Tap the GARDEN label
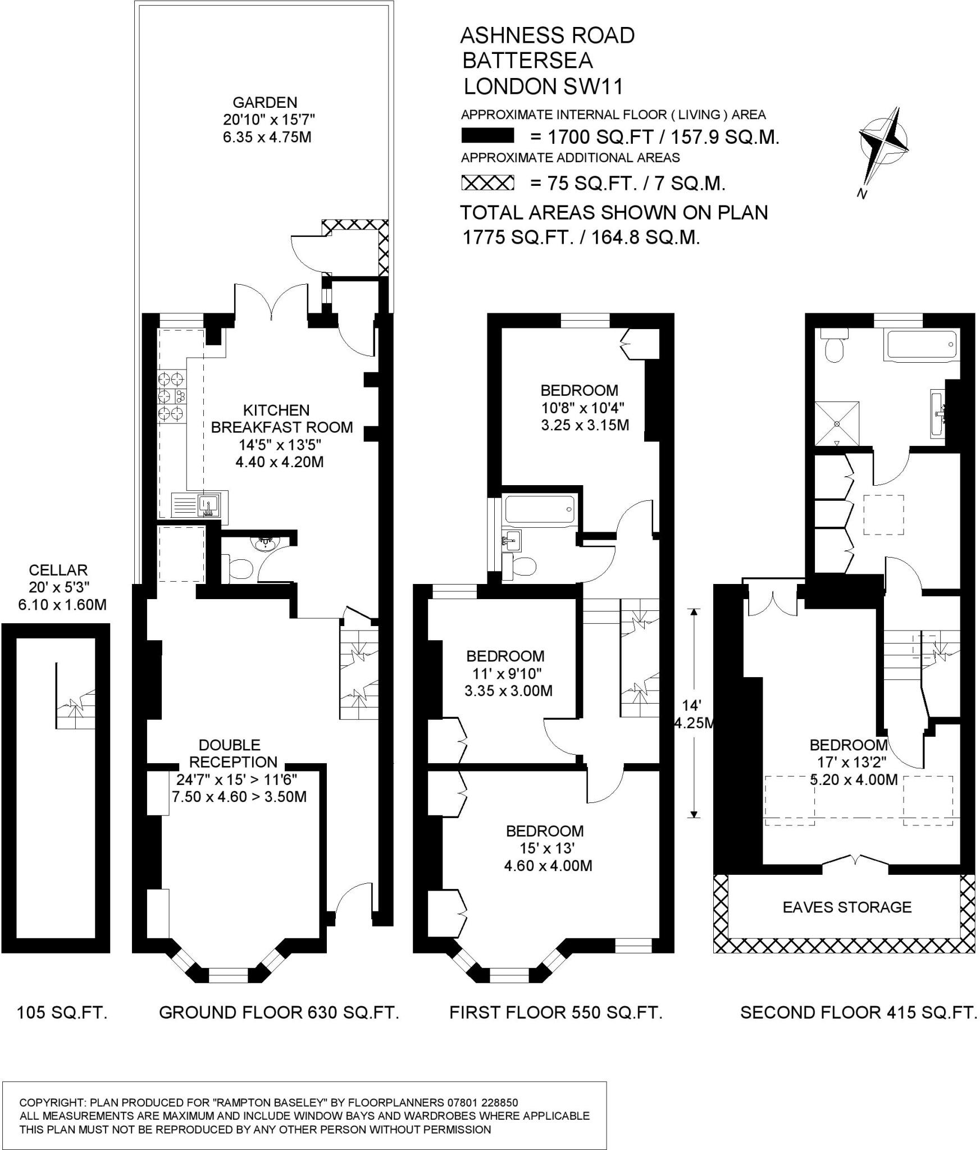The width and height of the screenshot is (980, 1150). pos(265,103)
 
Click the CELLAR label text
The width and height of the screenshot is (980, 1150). pos(58,571)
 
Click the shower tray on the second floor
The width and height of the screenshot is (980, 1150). pos(837,423)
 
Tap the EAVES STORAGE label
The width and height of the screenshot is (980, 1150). pos(847,907)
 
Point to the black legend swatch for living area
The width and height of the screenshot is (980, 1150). pos(487,136)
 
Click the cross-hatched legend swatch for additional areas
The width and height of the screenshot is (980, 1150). pos(487,183)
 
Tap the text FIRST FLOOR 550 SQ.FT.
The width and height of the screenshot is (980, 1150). pos(556,1012)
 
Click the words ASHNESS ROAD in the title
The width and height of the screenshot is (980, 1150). pos(547,35)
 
